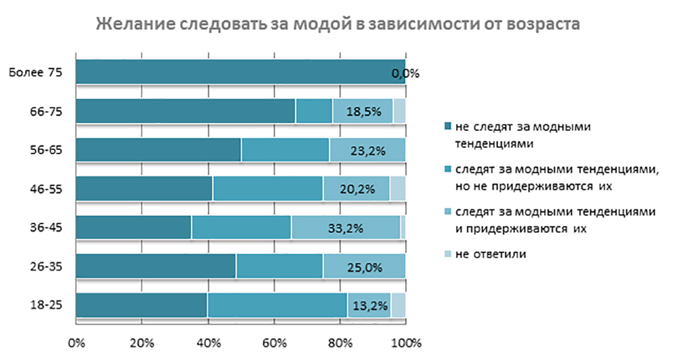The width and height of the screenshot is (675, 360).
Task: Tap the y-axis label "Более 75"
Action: pyautogui.click(x=36, y=72)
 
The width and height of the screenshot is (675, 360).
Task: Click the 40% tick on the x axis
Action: pyautogui.click(x=209, y=342)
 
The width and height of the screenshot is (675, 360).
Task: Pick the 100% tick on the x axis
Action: pyautogui.click(x=406, y=342)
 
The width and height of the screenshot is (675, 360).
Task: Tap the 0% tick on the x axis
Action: pyautogui.click(x=76, y=342)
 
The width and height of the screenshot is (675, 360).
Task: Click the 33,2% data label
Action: pyautogui.click(x=346, y=228)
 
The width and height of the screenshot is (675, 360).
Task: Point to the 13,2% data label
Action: pyautogui.click(x=369, y=305)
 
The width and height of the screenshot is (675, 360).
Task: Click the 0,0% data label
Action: pyautogui.click(x=405, y=73)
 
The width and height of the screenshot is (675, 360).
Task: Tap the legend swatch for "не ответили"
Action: pyautogui.click(x=448, y=255)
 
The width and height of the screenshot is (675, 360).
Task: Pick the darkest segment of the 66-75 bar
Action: pyautogui.click(x=186, y=111)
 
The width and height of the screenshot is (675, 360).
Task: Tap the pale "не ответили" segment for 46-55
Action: pyautogui.click(x=398, y=189)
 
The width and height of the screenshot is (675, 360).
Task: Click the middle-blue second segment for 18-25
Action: pyautogui.click(x=277, y=305)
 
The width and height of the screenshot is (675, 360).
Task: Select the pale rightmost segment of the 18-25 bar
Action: pyautogui.click(x=398, y=305)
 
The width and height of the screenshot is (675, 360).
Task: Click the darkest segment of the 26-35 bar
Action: pyautogui.click(x=156, y=266)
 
